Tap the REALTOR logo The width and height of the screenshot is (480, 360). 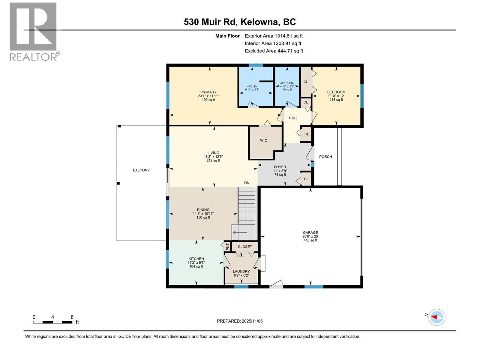pos(34,31)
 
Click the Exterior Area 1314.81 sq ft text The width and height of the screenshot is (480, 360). pos(273,36)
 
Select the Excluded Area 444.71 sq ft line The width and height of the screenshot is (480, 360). pos(274,51)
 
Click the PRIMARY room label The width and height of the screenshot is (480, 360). pos(208,92)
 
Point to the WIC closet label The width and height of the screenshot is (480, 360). pos(263,140)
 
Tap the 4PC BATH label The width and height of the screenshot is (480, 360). pos(287,83)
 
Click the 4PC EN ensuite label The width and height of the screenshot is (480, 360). pos(252,86)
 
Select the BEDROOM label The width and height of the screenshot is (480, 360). pos(336,92)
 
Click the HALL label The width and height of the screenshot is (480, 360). pos(293,118)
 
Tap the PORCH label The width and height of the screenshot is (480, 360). pos(325,157)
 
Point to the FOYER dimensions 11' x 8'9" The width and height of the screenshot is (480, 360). pos(280,171)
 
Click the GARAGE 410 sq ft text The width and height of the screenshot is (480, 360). pos(310,240)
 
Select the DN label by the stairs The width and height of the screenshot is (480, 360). pos(247,183)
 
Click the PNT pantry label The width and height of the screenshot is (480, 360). pos(228,247)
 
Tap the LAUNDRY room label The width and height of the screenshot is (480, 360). pos(241,271)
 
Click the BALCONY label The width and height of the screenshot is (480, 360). pos(141,170)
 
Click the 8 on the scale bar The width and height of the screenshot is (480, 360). pos(72,317)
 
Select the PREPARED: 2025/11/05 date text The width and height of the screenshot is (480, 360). pos(240,321)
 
